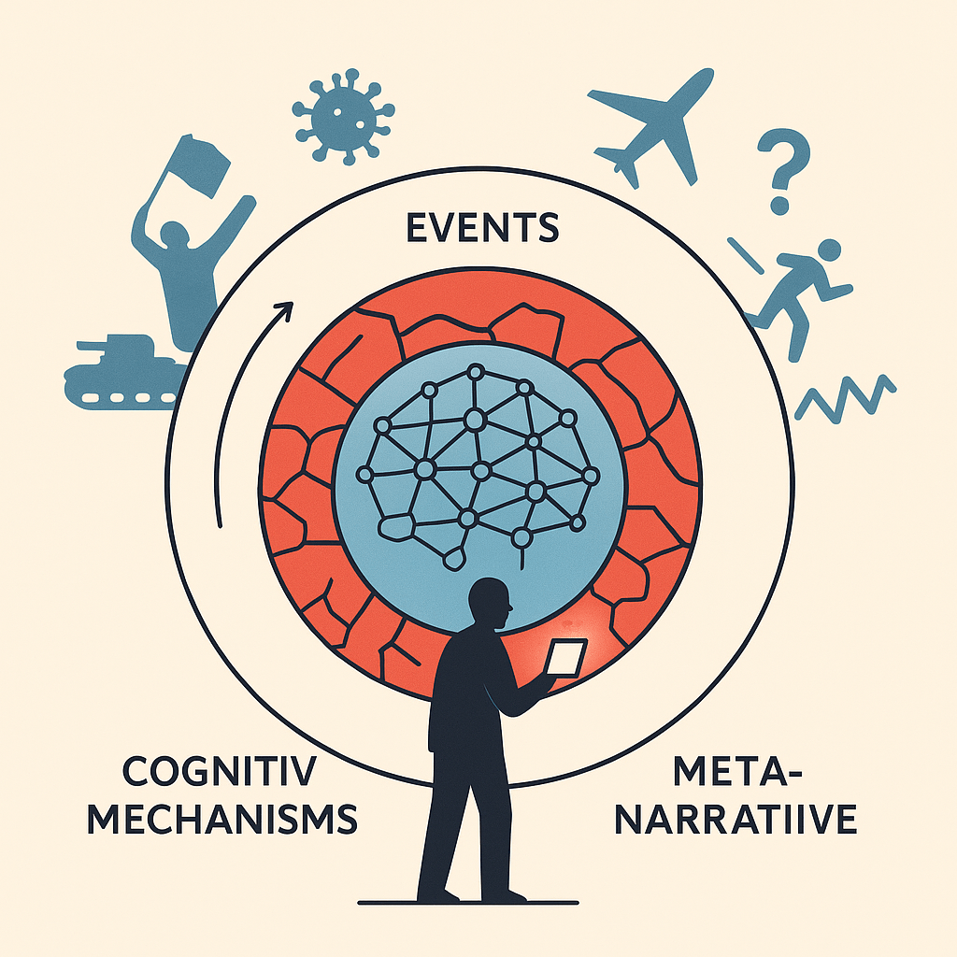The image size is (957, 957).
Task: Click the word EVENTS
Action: coord(482,227)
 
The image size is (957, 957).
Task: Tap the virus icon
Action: coord(343,117)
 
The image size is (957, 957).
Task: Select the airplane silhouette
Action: coord(650,127)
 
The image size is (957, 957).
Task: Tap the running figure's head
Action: coord(828,250)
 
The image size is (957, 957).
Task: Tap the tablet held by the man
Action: coord(565,657)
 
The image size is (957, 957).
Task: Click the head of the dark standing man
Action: coord(489,604)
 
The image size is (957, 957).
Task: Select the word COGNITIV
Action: coord(220,771)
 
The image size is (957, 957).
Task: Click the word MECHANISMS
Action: coord(222,819)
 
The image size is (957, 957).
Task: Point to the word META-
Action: coord(737,771)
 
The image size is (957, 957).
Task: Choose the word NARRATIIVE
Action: coord(736,819)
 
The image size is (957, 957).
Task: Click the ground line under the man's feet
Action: coord(468,903)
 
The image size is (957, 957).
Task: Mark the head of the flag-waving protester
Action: coord(173,235)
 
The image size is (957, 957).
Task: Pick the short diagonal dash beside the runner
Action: coord(745,255)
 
